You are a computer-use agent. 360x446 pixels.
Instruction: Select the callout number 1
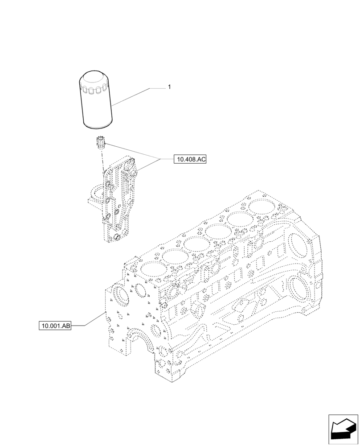tap(169, 87)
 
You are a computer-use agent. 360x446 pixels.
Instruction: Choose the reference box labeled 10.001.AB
tap(55, 326)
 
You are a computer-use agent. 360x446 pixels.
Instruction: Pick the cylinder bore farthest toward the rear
tap(262, 206)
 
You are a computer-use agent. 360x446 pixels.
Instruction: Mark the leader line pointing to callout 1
tap(134, 96)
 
